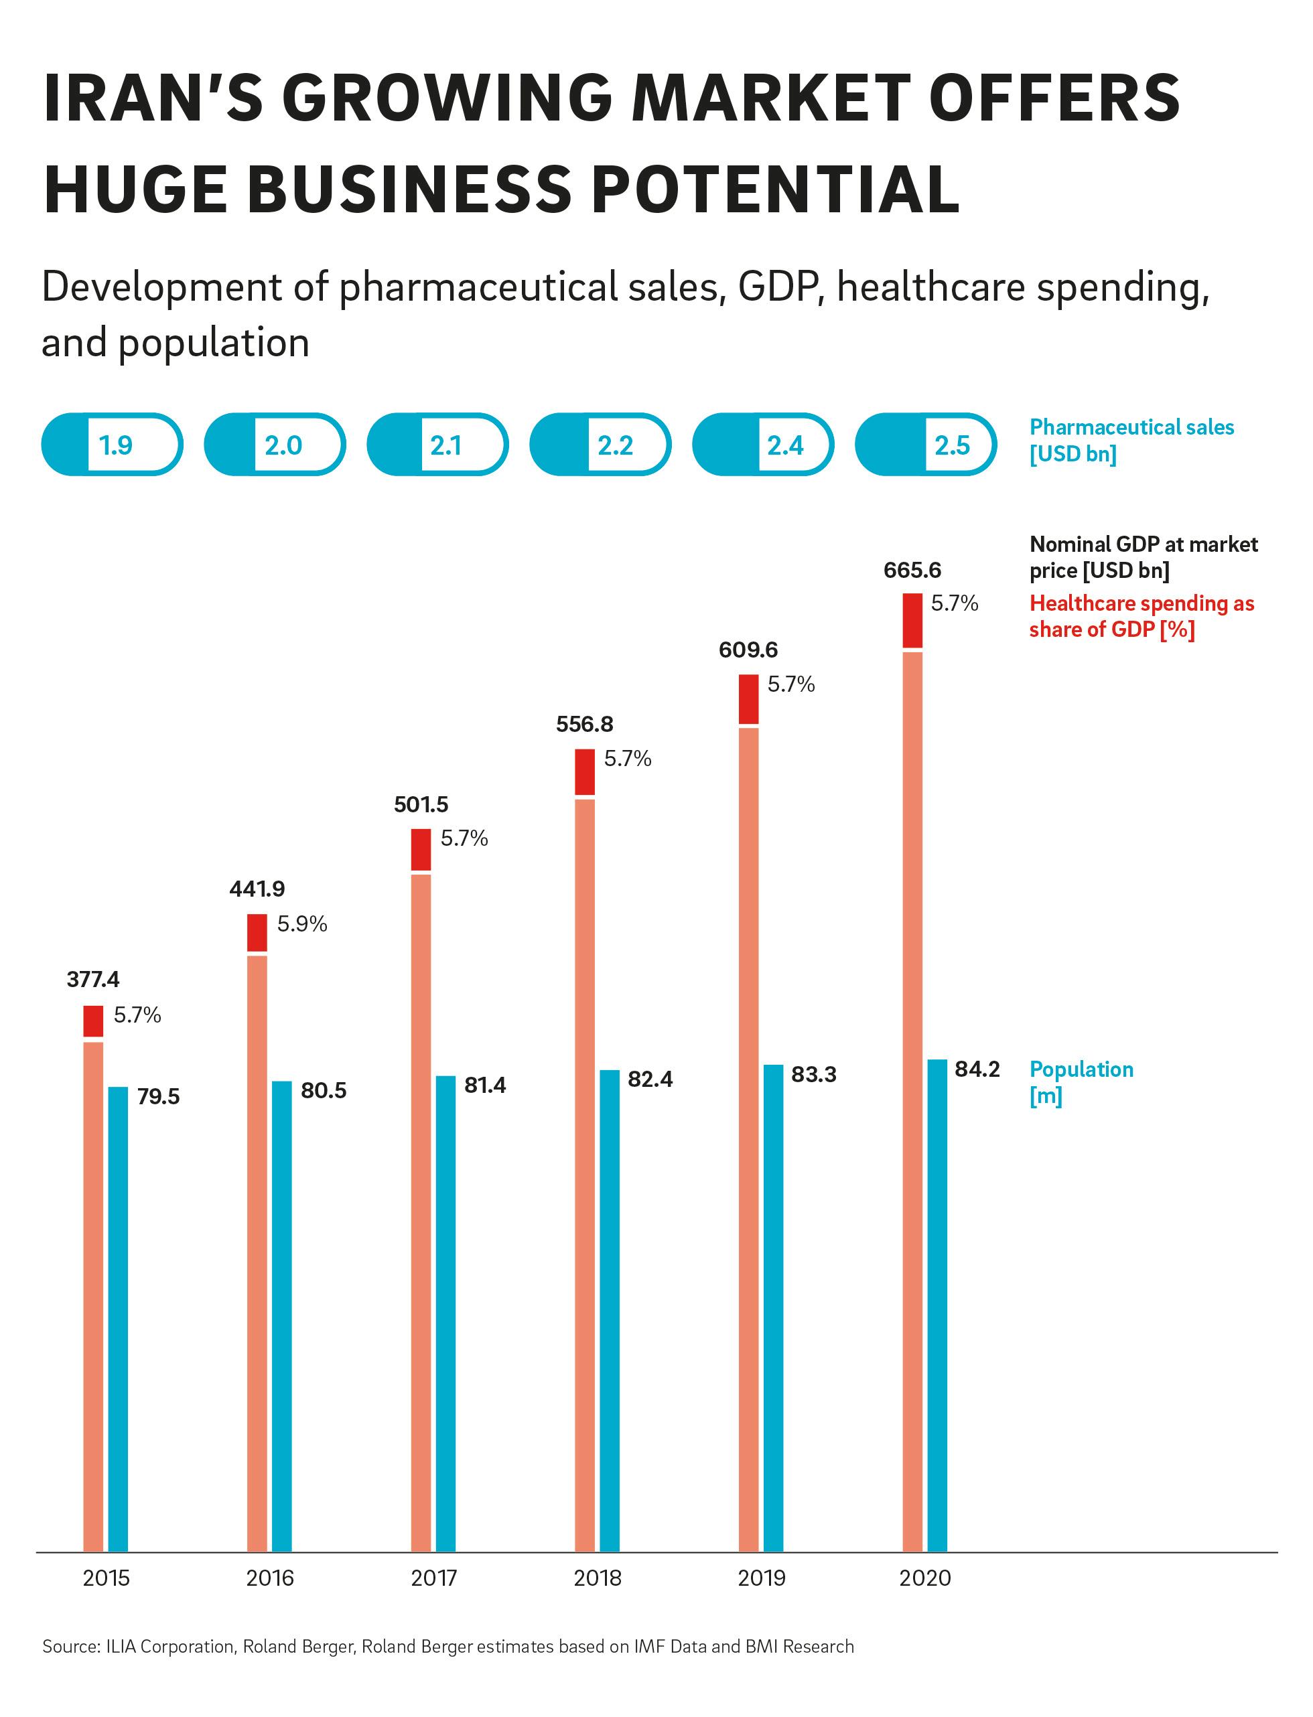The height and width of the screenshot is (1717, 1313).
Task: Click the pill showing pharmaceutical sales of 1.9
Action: [x=112, y=445]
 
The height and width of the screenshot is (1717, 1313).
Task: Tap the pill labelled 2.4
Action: [x=763, y=445]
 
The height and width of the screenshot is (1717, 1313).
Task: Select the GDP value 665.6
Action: [x=912, y=571]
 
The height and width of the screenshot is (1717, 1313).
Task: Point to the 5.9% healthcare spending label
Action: [x=301, y=924]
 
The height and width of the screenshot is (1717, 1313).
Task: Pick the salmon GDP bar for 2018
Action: [x=585, y=1172]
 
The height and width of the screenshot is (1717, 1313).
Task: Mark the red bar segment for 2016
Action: [x=257, y=932]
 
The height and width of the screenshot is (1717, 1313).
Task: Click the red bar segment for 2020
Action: [x=912, y=620]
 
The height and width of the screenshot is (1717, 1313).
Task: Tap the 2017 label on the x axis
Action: [x=434, y=1579]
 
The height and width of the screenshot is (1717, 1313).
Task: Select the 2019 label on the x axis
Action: [x=761, y=1579]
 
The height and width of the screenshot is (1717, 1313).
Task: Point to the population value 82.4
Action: [x=650, y=1079]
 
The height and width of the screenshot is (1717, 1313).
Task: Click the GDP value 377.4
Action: [x=93, y=980]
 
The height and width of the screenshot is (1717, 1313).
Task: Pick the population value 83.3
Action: [x=813, y=1075]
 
